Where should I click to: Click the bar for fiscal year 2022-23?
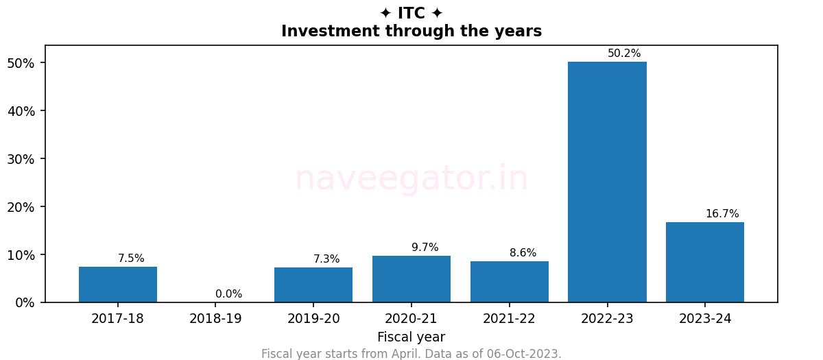607,182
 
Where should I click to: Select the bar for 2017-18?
118,285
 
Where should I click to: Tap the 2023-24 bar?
705,262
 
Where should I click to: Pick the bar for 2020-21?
411,279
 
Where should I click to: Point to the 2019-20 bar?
313,285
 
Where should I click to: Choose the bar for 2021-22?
510,282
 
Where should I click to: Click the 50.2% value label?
624,53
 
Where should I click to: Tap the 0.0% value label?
228,294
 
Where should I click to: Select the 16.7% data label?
722,214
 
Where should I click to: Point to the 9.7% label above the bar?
425,248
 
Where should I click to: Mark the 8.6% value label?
523,253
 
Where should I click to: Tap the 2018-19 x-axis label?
215,319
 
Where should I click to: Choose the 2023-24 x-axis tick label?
705,319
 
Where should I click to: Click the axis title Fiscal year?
411,337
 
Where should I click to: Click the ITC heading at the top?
411,13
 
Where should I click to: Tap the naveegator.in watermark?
411,179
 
